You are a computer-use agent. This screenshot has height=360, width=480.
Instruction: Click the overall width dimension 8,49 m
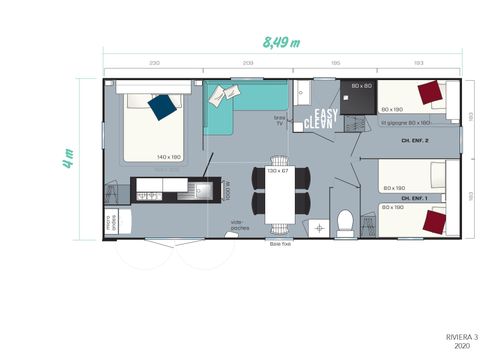[x=281, y=42]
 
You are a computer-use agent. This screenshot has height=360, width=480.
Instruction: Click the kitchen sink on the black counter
[x=203, y=189]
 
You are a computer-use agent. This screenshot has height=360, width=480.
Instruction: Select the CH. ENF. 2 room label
[x=415, y=141]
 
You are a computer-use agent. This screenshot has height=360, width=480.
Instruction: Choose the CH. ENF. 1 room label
[x=415, y=197]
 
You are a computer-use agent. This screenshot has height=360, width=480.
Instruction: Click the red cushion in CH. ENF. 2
[x=432, y=93]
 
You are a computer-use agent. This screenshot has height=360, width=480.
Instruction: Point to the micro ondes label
[x=111, y=223]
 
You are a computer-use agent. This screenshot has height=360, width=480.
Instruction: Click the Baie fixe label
[x=278, y=242]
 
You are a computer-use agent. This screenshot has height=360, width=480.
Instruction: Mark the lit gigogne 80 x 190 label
[x=405, y=123]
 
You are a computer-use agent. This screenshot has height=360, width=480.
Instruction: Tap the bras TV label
[x=281, y=119]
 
